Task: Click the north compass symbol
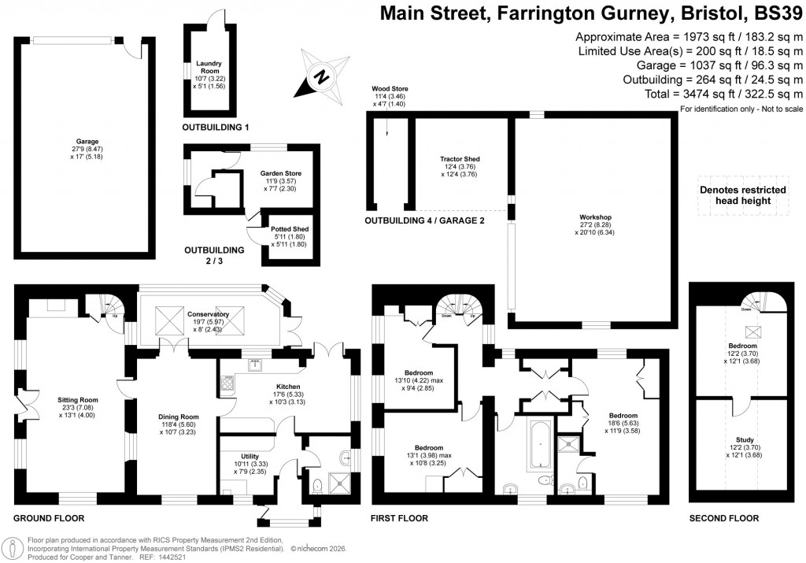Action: coord(320,77)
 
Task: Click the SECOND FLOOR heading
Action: coord(723,518)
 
